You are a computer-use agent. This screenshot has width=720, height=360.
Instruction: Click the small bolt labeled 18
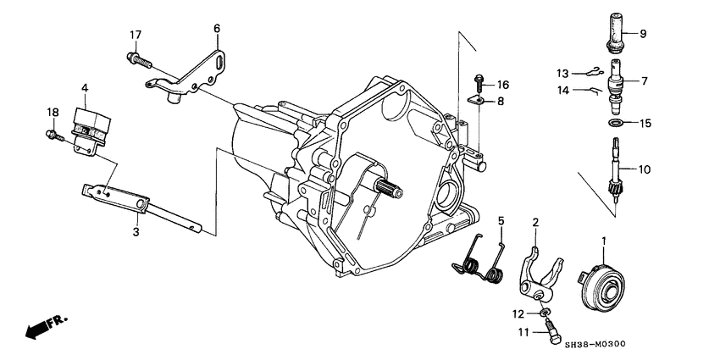[51, 133]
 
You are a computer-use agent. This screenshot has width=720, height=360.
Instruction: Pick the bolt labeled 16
[479, 83]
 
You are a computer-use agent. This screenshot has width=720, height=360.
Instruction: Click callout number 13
[562, 72]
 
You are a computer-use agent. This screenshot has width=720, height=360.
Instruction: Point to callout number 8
[500, 101]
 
